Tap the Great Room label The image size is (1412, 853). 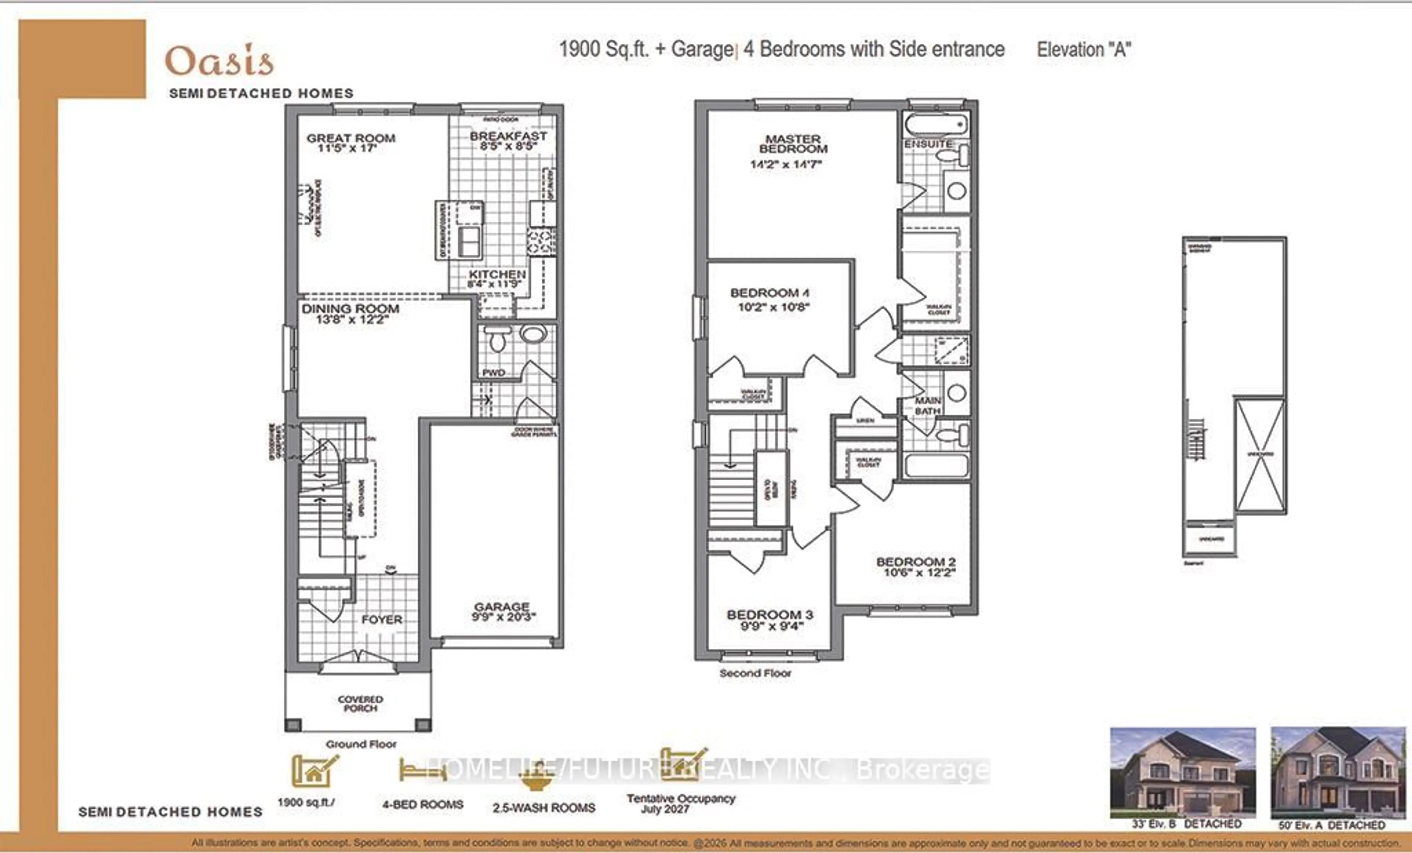351,138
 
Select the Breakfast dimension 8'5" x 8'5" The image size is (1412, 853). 508,147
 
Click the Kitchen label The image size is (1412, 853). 497,275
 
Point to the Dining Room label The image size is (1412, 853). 350,309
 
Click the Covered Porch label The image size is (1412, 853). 360,703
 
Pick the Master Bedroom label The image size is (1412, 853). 793,144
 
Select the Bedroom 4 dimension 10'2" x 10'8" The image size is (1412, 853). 773,307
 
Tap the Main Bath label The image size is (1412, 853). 927,406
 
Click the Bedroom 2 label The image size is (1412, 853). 916,562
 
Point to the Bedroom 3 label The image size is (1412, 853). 770,615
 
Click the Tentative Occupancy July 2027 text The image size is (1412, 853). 680,803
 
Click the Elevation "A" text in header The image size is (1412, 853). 1084,50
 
